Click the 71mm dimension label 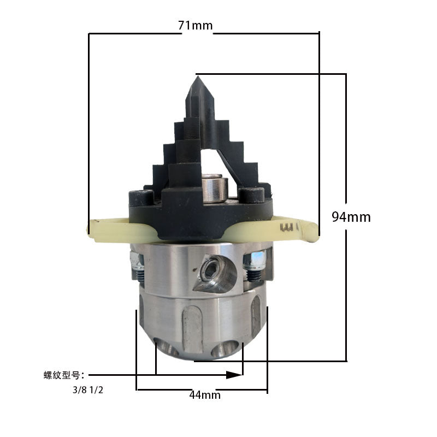[196, 26]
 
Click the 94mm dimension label [351, 217]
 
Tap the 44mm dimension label [205, 395]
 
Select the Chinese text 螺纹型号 [62, 375]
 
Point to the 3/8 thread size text [80, 390]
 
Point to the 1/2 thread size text [97, 390]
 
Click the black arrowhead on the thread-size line [234, 375]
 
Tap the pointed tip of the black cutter [197, 76]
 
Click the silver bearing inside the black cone [213, 188]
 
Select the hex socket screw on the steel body [211, 269]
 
